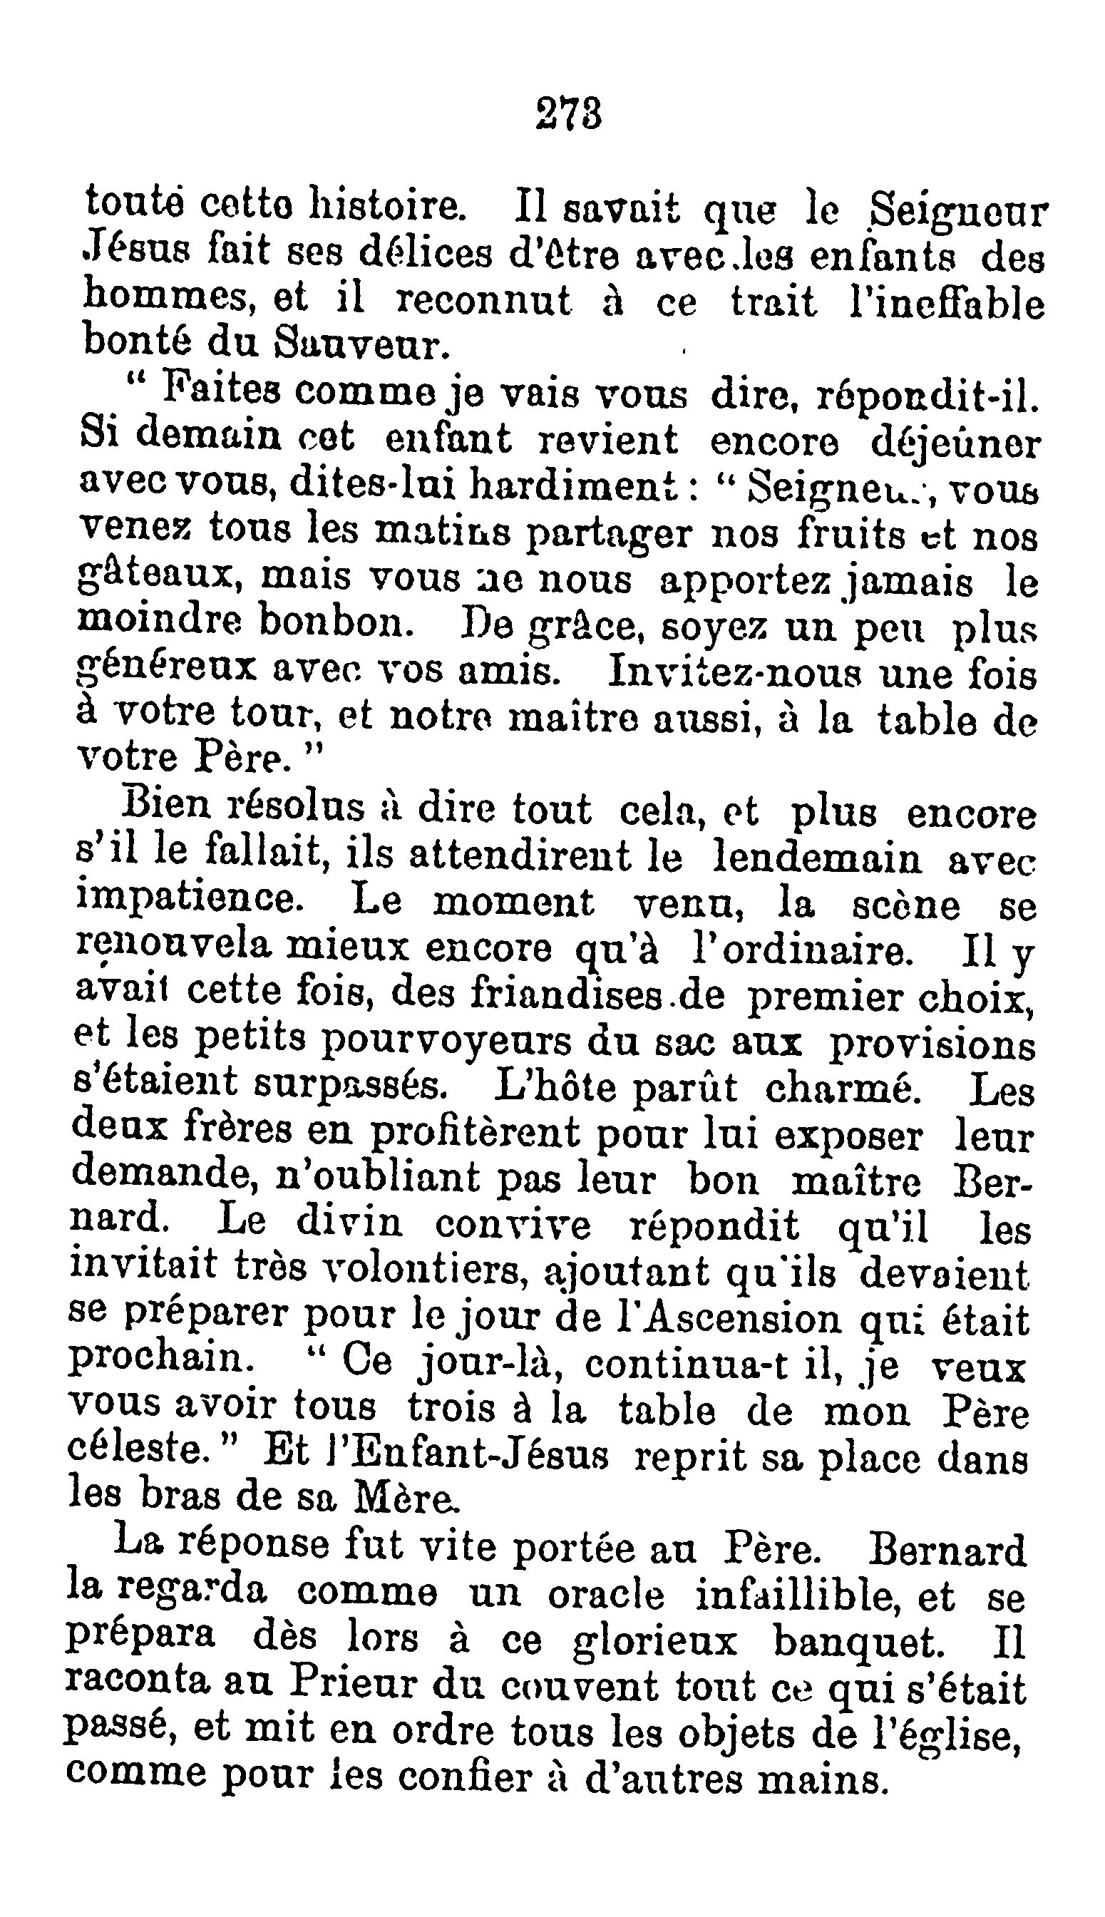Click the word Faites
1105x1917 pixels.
[224, 392]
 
